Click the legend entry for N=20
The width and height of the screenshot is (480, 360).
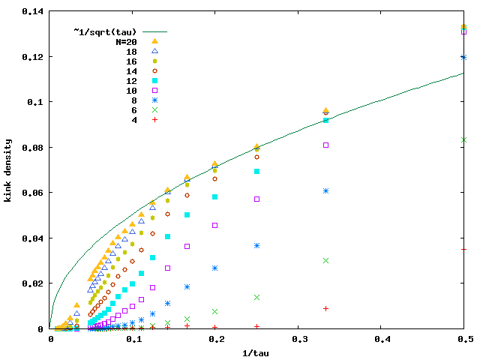[x=130, y=41]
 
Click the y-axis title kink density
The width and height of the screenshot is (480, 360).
[x=9, y=170]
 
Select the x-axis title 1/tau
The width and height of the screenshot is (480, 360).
[x=257, y=352]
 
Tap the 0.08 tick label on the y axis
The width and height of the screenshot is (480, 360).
[x=31, y=148]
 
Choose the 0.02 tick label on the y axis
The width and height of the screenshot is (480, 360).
[x=31, y=283]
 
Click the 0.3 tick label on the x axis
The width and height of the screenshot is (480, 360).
[x=298, y=339]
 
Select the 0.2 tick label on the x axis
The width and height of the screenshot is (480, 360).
[x=215, y=339]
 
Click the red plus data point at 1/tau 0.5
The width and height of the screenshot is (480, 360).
[x=464, y=249]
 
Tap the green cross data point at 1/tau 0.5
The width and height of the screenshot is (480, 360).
[x=464, y=140]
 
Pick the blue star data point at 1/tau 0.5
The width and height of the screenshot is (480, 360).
[x=464, y=57]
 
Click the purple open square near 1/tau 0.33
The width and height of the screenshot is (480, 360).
[x=325, y=145]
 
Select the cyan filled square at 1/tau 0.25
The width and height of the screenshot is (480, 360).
[x=256, y=172]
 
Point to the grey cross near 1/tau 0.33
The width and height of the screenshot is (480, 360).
[x=325, y=260]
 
